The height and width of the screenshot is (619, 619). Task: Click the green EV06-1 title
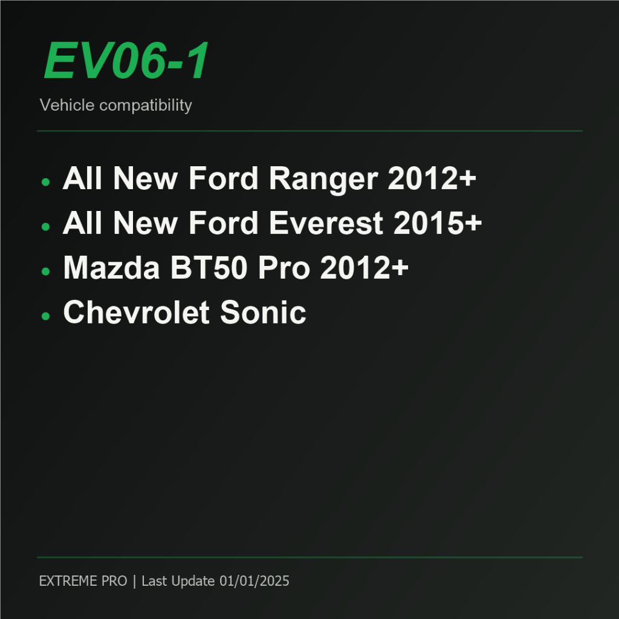(126, 60)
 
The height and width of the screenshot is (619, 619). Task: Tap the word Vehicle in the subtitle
(67, 105)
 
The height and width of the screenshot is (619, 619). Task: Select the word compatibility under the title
(146, 106)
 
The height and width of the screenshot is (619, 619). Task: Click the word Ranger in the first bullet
(323, 179)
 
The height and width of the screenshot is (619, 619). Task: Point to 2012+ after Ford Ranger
(432, 178)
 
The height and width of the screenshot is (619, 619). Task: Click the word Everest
(326, 223)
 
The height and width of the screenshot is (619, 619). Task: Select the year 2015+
(438, 223)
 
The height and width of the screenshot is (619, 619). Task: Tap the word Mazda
(111, 268)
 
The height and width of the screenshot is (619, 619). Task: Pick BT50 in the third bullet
(209, 268)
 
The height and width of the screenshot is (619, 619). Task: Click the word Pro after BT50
(284, 268)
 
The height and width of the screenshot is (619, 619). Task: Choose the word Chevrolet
(136, 313)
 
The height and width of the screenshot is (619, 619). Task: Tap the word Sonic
(263, 313)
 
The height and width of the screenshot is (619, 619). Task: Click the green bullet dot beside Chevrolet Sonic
(45, 316)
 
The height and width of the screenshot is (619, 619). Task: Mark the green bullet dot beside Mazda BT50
(45, 271)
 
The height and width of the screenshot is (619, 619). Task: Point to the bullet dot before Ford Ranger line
(45, 182)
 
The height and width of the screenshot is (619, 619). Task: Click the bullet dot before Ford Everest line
(45, 227)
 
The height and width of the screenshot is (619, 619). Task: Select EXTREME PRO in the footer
(83, 581)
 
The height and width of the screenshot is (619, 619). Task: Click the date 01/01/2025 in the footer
(254, 581)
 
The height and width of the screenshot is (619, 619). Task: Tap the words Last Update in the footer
(178, 581)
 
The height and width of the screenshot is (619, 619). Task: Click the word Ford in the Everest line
(224, 223)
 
